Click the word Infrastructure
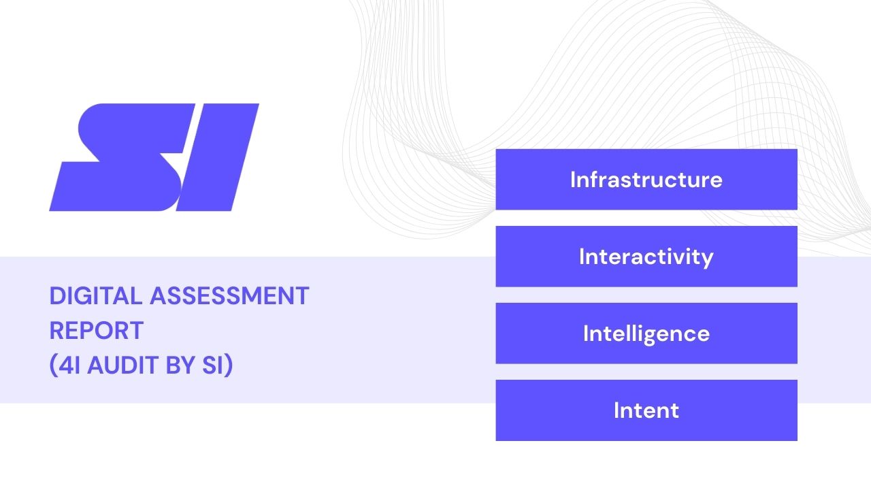646,180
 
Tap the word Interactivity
646,257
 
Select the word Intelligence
646,334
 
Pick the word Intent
646,410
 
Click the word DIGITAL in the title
96,296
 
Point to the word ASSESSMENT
229,296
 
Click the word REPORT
96,331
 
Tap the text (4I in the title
65,365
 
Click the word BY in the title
180,365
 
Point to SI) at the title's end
218,365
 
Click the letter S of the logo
119,157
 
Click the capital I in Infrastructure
573,180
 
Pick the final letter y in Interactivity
708,259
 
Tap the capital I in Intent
617,410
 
